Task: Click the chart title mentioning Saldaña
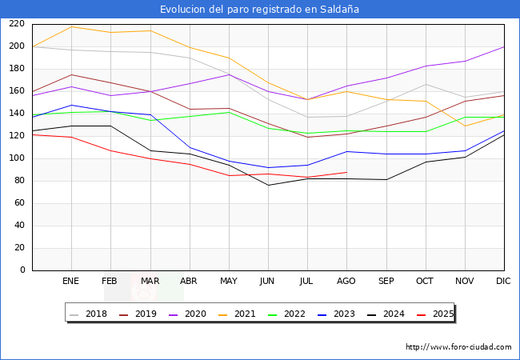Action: (x=259, y=10)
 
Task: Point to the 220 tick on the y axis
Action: (x=16, y=24)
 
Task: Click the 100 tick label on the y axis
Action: (x=16, y=158)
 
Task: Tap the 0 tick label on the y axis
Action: (x=22, y=270)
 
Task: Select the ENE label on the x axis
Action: (x=71, y=282)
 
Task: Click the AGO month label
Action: (x=346, y=282)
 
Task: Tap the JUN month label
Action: (x=268, y=282)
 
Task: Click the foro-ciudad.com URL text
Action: (x=458, y=347)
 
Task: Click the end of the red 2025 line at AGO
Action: (x=346, y=172)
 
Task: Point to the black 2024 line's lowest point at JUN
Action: (x=268, y=185)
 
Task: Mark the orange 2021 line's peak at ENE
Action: (x=71, y=26)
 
